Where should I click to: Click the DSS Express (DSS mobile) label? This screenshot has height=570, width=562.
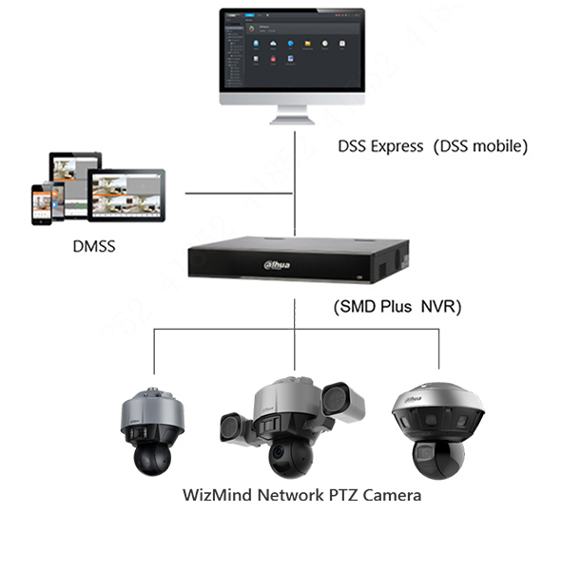(x=433, y=147)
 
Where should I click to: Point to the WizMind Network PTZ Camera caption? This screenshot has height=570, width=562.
(x=301, y=495)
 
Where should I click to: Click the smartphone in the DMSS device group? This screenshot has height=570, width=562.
(x=41, y=202)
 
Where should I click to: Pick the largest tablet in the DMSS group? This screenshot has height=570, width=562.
(x=126, y=194)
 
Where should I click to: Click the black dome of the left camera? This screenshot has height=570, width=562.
(x=150, y=458)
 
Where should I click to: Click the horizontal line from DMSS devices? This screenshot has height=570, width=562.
(x=239, y=194)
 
